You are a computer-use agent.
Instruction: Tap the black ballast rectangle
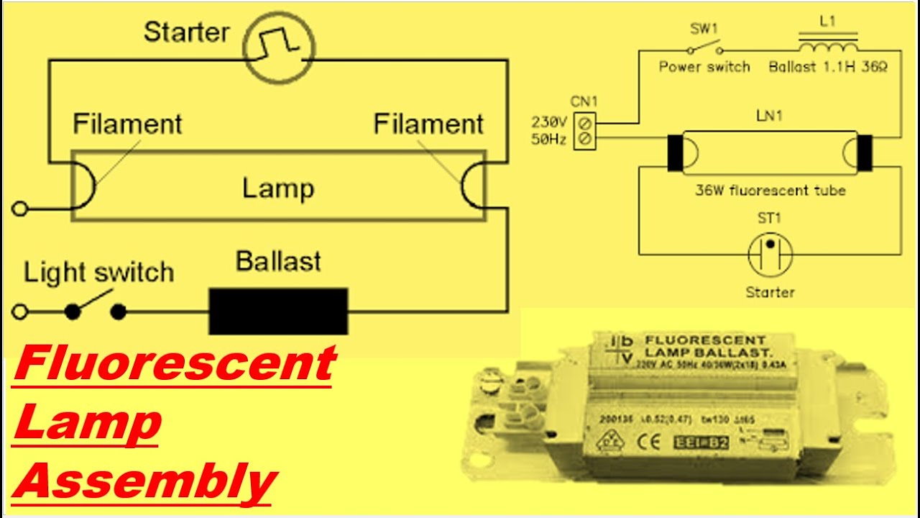pyautogui.click(x=278, y=311)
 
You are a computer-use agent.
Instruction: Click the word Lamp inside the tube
pyautogui.click(x=278, y=188)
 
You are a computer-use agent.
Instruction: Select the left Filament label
pyautogui.click(x=127, y=124)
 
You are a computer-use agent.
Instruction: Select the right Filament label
pyautogui.click(x=428, y=124)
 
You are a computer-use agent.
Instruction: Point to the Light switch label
pyautogui.click(x=98, y=273)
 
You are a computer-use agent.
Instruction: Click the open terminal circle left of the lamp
pyautogui.click(x=20, y=209)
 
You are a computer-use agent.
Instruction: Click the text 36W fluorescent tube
pyautogui.click(x=770, y=191)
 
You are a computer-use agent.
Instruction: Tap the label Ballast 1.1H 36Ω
pyautogui.click(x=828, y=67)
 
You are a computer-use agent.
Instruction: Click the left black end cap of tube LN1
pyautogui.click(x=675, y=153)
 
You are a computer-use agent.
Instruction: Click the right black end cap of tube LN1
pyautogui.click(x=865, y=153)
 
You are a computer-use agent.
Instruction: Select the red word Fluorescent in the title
pyautogui.click(x=175, y=363)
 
